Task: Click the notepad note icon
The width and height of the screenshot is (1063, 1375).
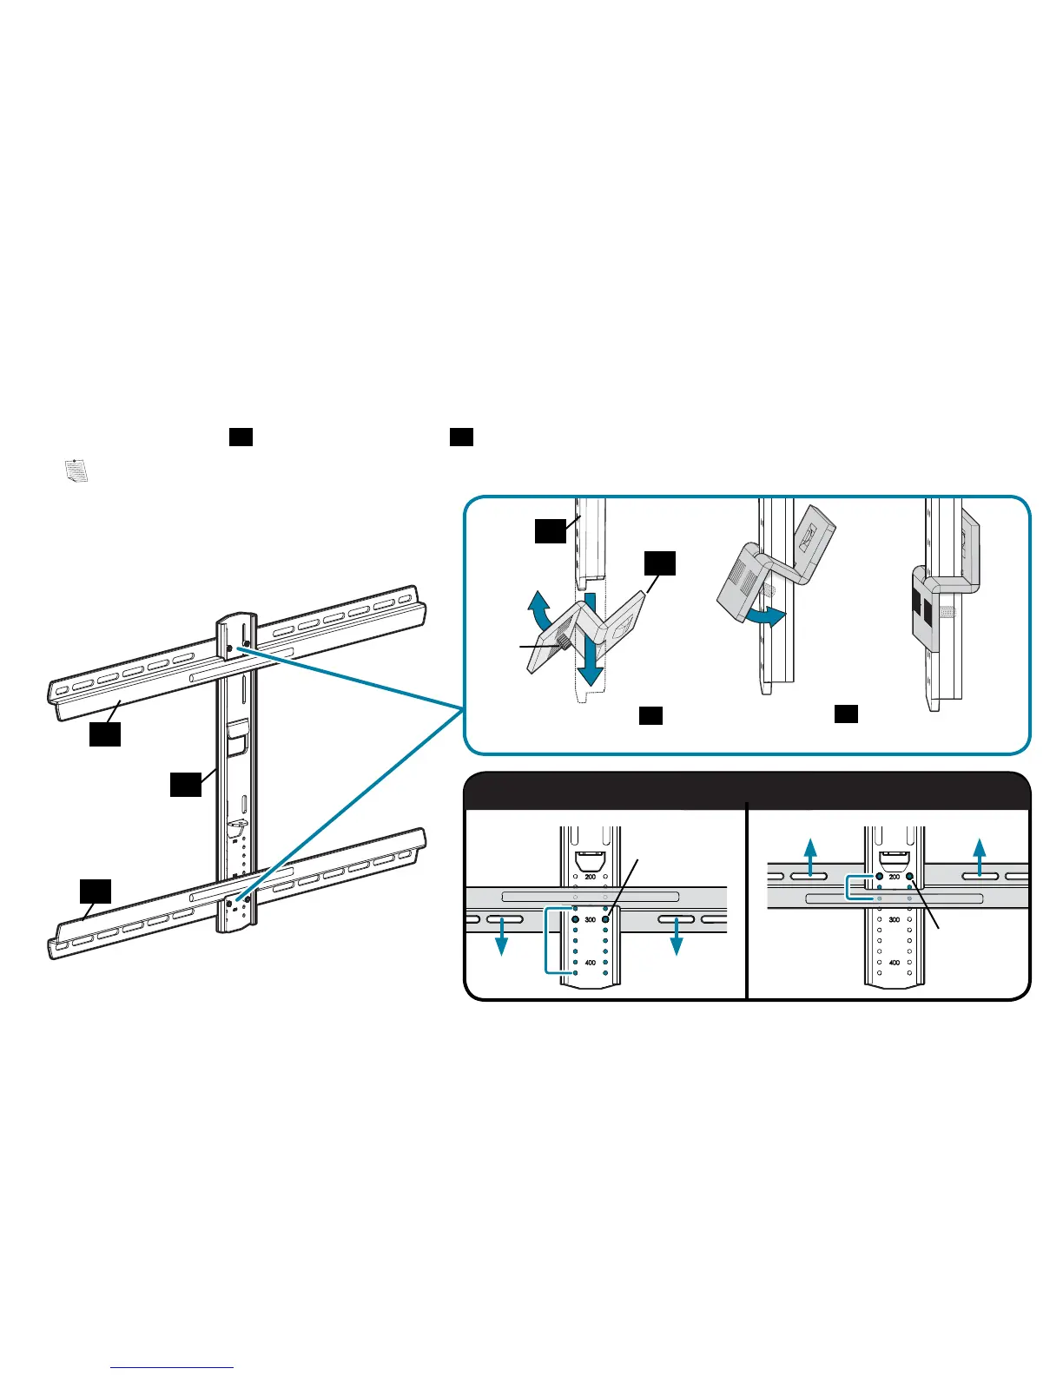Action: pos(76,470)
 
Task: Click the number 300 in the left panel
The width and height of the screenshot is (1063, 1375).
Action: pos(591,919)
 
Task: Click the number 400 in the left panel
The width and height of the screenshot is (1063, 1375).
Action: pos(591,963)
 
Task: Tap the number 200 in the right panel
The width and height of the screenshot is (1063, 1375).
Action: pos(895,877)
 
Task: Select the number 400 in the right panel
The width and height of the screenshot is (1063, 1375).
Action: pos(895,963)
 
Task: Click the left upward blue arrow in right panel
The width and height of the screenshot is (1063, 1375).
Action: pos(809,858)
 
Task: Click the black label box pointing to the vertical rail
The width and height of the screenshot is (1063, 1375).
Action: pos(185,785)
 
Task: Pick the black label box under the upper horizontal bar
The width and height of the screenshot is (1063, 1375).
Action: pos(104,734)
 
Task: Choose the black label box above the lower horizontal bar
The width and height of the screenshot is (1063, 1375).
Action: pos(96,891)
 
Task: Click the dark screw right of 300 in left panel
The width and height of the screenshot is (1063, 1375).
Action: pos(605,918)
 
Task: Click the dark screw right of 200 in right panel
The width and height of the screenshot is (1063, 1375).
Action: pos(909,877)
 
